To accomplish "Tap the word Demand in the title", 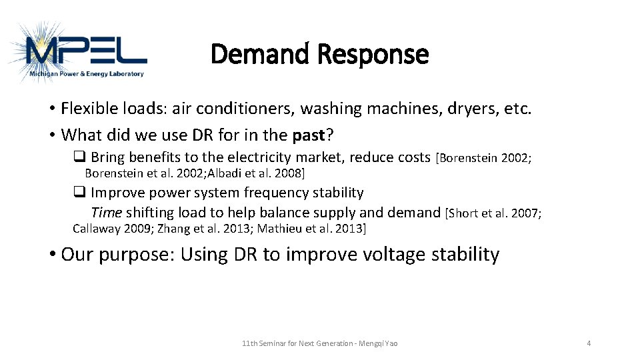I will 261,54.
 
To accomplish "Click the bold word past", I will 309,135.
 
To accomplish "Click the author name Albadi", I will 229,173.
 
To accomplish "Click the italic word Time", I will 106,213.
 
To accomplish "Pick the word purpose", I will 139,255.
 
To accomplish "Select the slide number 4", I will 589,343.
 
